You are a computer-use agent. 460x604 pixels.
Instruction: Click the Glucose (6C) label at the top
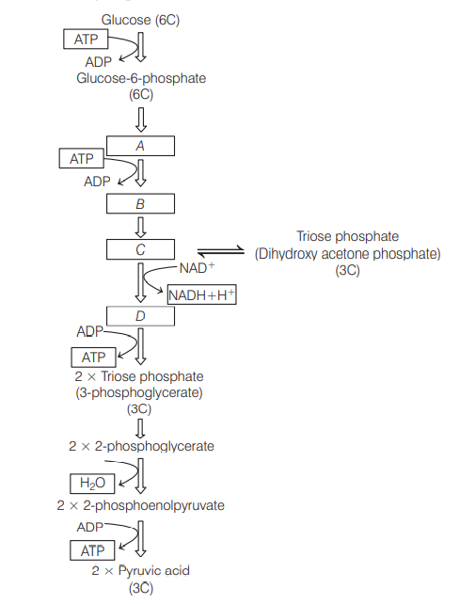point(139,22)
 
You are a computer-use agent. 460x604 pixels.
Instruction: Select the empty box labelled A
point(140,146)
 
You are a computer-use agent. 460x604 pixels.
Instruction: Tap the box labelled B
point(140,204)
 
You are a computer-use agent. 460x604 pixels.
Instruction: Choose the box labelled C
point(140,249)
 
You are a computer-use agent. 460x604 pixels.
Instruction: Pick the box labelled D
point(140,316)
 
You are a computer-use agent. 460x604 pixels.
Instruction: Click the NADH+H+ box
point(201,295)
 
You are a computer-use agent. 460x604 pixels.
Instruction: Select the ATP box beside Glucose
point(86,40)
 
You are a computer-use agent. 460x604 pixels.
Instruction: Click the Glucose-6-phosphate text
point(139,78)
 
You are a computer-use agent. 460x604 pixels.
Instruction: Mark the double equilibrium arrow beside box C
point(219,252)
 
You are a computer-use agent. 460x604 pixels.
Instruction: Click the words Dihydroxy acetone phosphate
point(347,253)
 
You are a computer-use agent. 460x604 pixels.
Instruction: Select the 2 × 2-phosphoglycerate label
point(141,445)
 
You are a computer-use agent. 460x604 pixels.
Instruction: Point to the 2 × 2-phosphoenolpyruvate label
point(140,505)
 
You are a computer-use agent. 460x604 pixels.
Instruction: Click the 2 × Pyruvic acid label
point(139,571)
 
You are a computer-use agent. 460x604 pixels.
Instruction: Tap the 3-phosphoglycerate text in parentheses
point(139,392)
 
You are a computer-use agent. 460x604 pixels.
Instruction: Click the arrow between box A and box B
point(140,174)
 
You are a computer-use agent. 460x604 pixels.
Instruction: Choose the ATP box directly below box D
point(93,358)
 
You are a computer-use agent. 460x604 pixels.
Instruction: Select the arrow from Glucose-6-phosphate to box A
point(140,119)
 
